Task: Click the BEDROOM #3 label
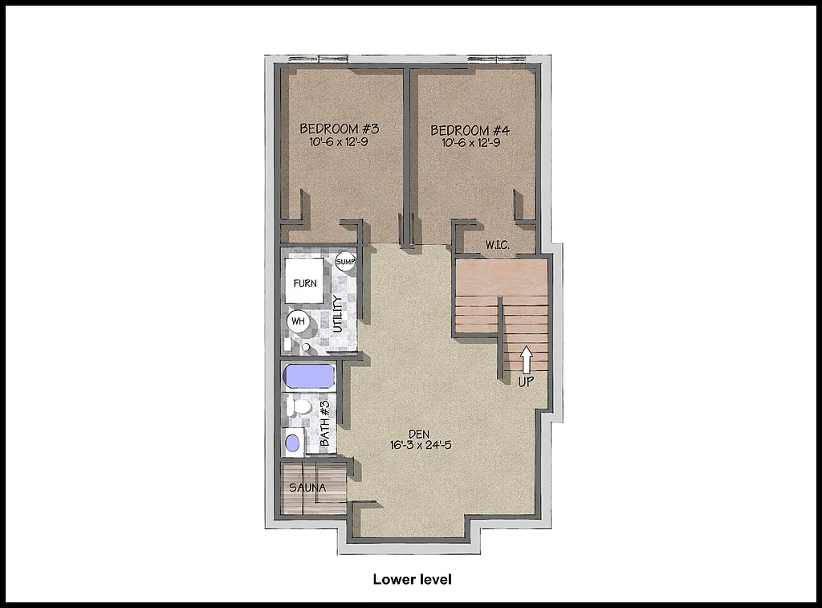click(x=339, y=129)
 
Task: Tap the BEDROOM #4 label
click(x=470, y=130)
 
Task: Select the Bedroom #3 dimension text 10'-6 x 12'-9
click(x=339, y=142)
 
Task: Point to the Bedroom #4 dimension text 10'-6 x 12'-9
click(x=470, y=143)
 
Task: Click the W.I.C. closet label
click(x=498, y=243)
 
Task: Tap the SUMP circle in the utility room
click(x=345, y=262)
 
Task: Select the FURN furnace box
click(x=305, y=283)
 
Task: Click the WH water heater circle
click(x=298, y=321)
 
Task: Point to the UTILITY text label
click(x=338, y=314)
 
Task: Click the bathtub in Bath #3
click(x=309, y=376)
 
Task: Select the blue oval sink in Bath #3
click(x=294, y=443)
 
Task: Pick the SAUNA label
click(x=307, y=488)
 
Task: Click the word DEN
click(x=424, y=433)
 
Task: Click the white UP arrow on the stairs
click(x=527, y=359)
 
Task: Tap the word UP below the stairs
click(x=527, y=382)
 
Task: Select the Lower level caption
click(x=412, y=579)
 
